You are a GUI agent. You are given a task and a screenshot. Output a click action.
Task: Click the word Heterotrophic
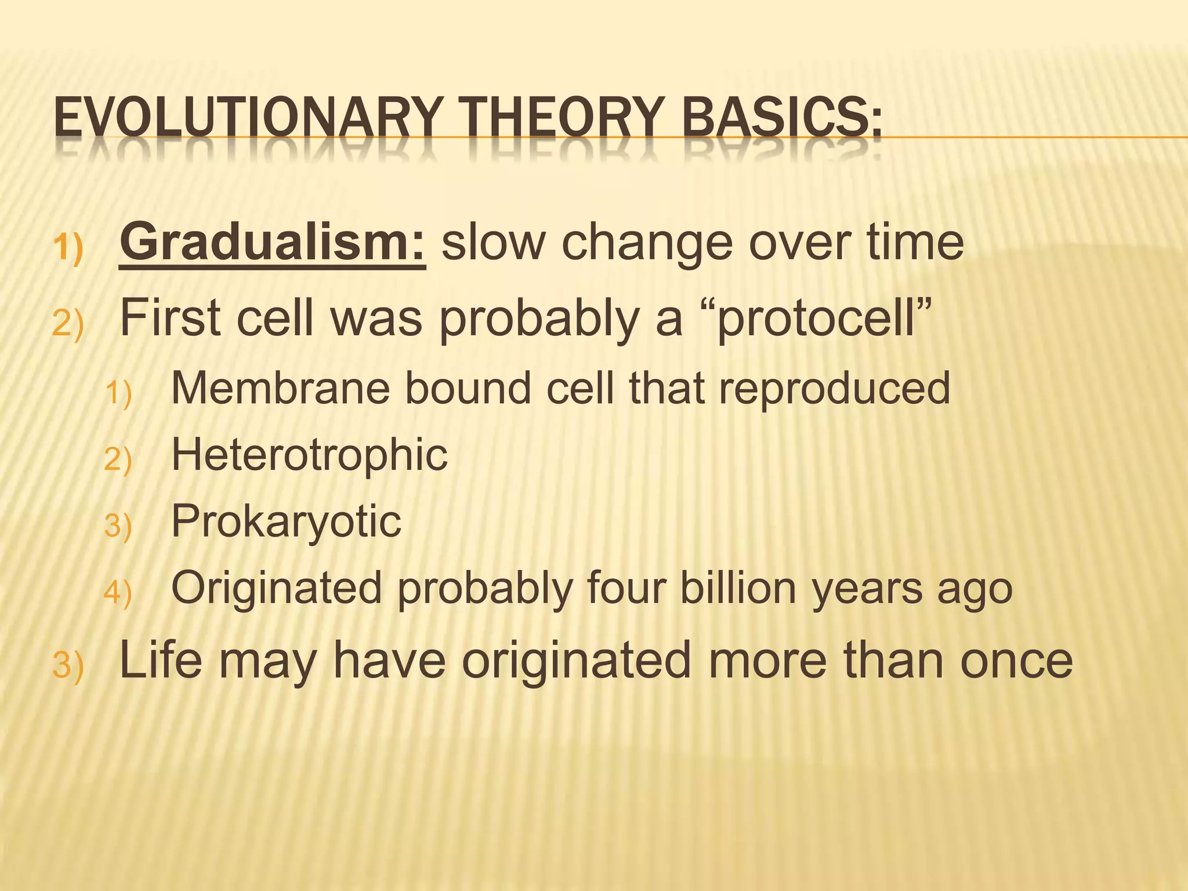(309, 455)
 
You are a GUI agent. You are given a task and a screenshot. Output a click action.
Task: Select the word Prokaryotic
(286, 521)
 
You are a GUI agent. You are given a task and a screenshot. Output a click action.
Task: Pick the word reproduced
(835, 388)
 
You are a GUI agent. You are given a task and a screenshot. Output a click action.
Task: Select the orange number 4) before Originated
(118, 592)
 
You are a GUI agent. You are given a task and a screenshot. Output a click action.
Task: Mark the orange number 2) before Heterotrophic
(118, 459)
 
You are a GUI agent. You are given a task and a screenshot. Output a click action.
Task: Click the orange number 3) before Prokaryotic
(118, 526)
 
